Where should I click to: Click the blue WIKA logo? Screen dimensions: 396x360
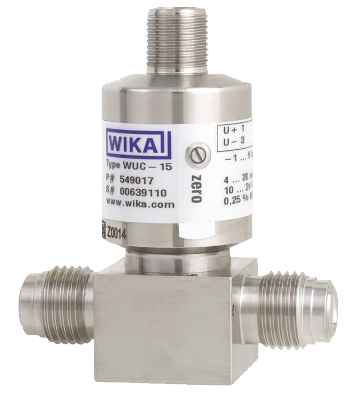click(138, 142)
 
